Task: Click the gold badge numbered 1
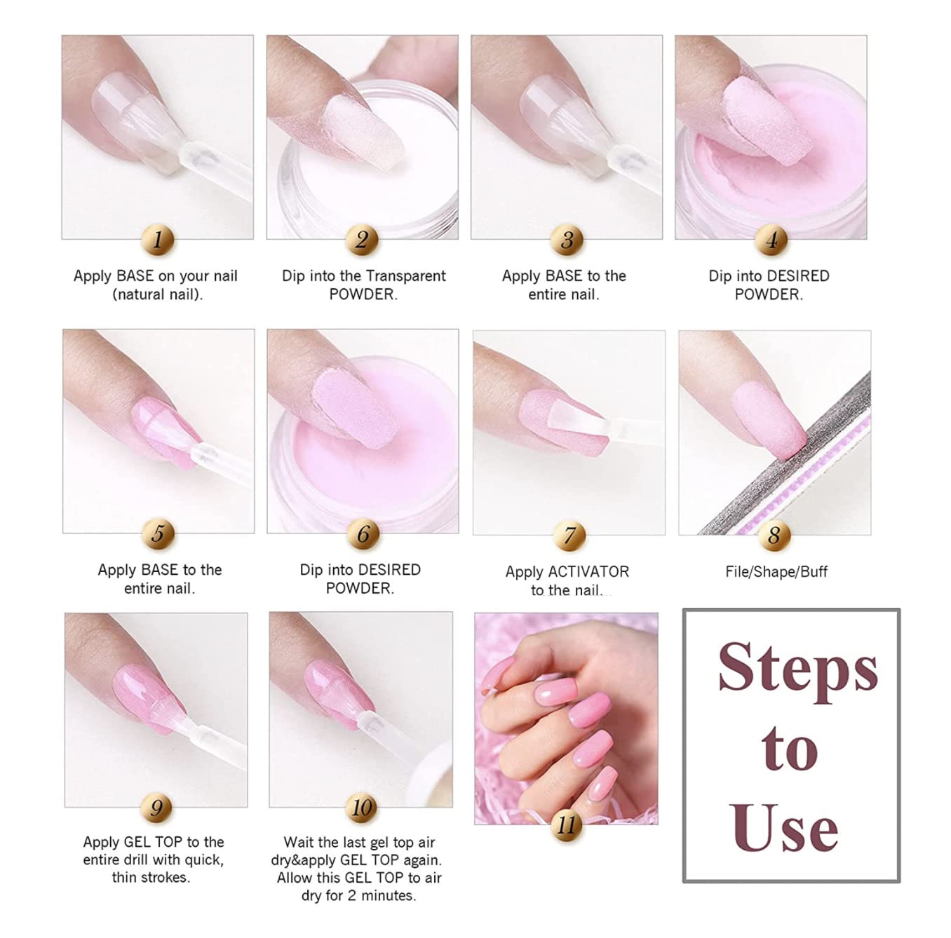[157, 240]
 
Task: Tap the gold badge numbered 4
[771, 240]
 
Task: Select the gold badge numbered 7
[569, 536]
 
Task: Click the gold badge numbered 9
[156, 808]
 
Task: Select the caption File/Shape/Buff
[776, 571]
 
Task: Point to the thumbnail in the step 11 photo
[494, 675]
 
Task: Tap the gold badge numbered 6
[363, 534]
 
